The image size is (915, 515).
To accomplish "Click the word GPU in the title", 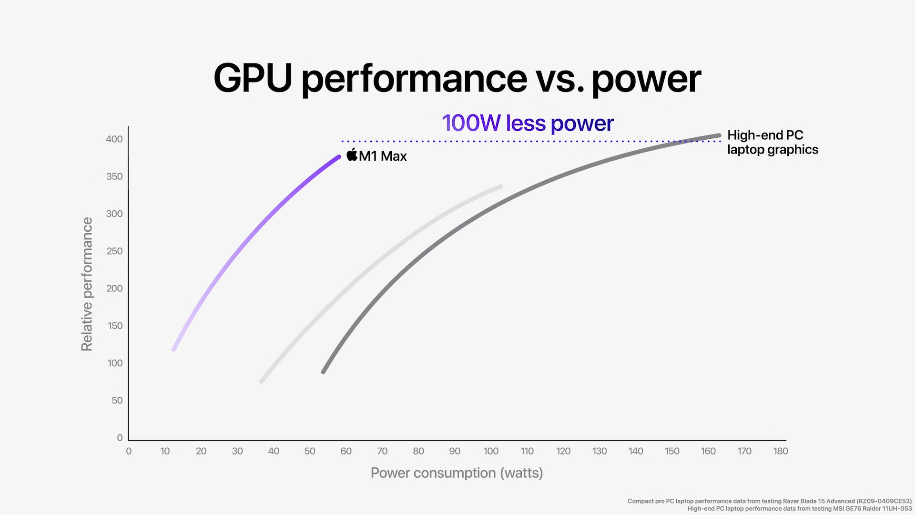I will click(253, 78).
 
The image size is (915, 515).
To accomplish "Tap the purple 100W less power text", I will click(528, 123).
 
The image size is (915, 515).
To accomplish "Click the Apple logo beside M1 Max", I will click(352, 154).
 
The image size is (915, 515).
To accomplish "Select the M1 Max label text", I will click(383, 156).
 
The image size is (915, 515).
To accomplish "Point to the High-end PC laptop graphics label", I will click(772, 142).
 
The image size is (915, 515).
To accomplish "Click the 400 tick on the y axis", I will click(114, 139).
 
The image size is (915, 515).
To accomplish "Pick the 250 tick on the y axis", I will click(114, 251).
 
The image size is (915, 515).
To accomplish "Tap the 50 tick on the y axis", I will click(117, 401).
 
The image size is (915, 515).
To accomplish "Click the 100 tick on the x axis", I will click(491, 451).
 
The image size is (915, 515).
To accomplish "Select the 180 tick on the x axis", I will click(781, 451).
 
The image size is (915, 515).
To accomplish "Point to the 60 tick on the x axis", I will click(346, 451).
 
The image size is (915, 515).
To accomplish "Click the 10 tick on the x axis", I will click(165, 451).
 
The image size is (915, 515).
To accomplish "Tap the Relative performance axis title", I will click(87, 284).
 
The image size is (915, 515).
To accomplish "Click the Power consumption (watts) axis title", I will click(457, 473).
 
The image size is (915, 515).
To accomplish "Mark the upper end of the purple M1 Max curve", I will click(338, 157).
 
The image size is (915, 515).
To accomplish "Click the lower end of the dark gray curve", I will click(324, 371).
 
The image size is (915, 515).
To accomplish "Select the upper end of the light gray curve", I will click(500, 187).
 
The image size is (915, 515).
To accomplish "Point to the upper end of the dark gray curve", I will click(719, 135).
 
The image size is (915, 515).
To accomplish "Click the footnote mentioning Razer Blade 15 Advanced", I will click(769, 501).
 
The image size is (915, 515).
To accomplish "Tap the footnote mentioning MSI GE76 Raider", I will click(799, 509).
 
